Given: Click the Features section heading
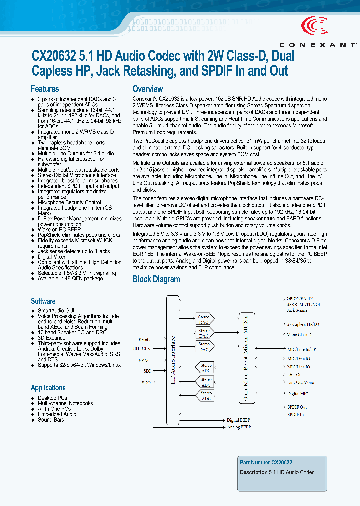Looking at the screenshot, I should (45, 89).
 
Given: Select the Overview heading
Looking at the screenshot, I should (147, 89).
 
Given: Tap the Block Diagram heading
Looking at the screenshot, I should (156, 279).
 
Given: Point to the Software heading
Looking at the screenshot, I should (43, 301).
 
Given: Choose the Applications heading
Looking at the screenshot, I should (48, 388).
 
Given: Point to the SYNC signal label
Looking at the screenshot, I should (144, 360).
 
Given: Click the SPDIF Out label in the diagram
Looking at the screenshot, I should (297, 407).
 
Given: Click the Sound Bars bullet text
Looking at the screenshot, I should (51, 420).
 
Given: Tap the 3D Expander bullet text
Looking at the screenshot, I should (52, 338).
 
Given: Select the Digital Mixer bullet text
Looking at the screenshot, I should (52, 257).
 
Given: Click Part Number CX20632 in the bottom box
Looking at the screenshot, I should (266, 463).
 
